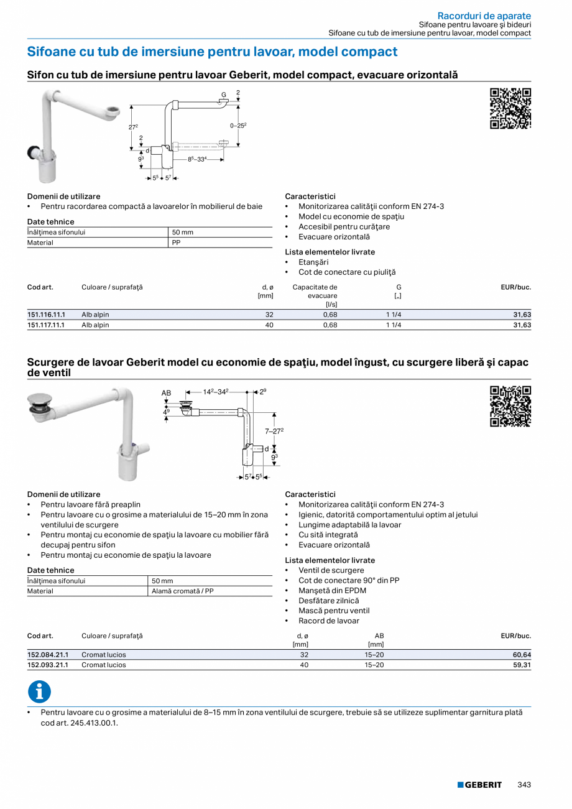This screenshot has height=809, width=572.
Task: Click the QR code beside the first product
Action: [510, 109]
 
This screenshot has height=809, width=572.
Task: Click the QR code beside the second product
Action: [510, 407]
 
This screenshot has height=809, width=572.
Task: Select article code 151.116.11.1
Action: [46, 315]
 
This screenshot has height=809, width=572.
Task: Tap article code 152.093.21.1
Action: [47, 665]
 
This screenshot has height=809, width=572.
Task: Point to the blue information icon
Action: [39, 692]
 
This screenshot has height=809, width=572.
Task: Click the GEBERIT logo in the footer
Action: [479, 785]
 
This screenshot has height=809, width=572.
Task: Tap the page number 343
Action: [524, 785]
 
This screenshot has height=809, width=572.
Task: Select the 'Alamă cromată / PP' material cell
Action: [183, 591]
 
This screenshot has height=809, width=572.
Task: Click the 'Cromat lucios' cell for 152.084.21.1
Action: [103, 655]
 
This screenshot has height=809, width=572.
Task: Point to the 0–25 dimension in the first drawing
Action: [238, 126]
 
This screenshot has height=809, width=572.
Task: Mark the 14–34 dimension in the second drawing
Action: [216, 392]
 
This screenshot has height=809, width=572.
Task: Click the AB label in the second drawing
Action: [166, 393]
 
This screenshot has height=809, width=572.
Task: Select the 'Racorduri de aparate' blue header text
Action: [484, 16]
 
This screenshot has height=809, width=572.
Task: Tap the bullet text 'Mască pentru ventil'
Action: [333, 611]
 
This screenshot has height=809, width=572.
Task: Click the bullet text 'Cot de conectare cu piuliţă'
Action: [346, 272]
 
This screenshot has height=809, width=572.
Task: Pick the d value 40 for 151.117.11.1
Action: [269, 325]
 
